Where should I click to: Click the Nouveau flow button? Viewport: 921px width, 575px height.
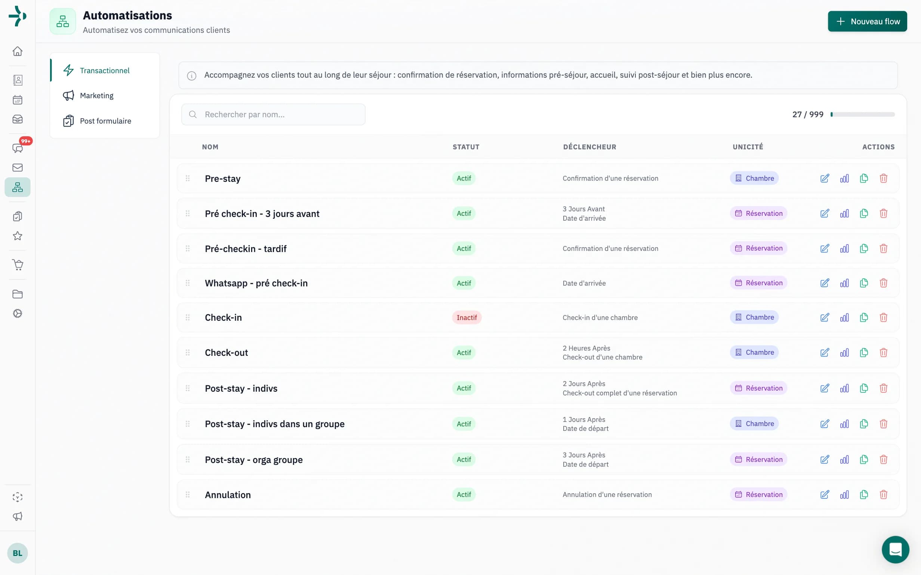click(867, 21)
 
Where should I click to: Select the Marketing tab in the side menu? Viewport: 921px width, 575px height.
click(96, 96)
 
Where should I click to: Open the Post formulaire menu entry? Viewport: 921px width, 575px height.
click(105, 121)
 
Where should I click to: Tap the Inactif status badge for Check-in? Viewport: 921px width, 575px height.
click(466, 317)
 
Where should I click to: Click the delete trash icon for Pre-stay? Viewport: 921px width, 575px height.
click(883, 178)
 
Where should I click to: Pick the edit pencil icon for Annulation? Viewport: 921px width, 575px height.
click(824, 494)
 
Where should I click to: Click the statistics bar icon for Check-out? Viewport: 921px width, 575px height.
click(844, 352)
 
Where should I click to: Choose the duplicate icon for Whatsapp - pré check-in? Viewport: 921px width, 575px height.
click(864, 283)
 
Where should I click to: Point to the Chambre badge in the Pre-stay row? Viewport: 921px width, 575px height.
click(754, 178)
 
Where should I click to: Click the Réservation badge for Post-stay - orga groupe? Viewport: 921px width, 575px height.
click(758, 459)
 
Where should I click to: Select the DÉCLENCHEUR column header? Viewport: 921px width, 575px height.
click(589, 147)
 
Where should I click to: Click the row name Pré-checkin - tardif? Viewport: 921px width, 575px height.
click(246, 249)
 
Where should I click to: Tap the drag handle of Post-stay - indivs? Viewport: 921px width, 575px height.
click(188, 388)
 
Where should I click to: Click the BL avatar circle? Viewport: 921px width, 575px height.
click(18, 553)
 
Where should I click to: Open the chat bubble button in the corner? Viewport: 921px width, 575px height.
click(895, 550)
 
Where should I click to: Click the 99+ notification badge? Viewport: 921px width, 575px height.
click(26, 141)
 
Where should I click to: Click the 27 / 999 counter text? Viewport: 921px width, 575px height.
click(808, 115)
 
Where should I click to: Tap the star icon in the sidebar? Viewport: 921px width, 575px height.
click(18, 236)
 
